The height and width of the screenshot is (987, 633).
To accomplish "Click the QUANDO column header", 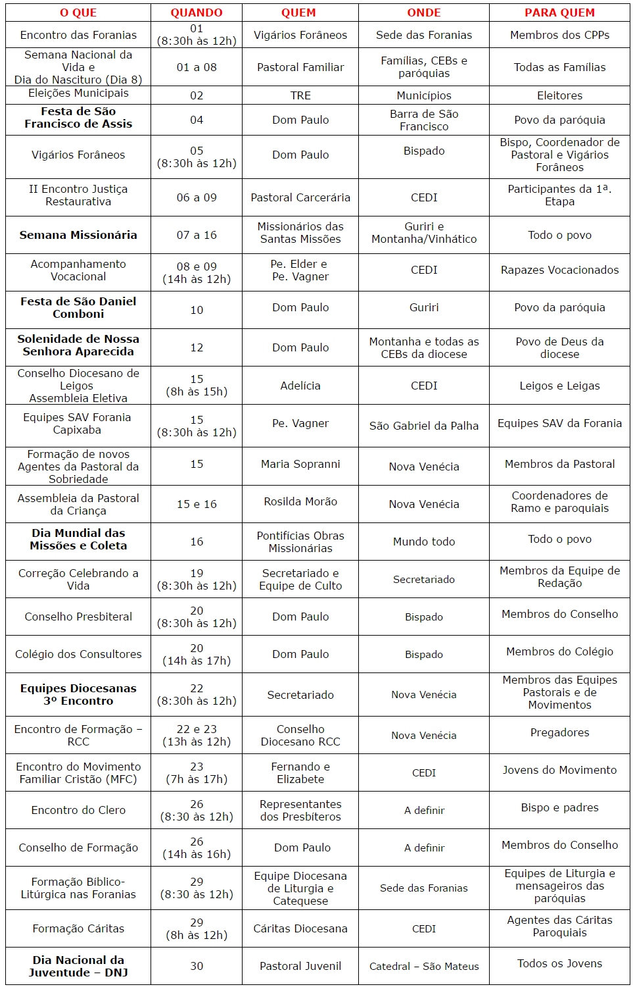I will [x=196, y=13].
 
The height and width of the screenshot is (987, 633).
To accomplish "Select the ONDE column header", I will [x=423, y=13].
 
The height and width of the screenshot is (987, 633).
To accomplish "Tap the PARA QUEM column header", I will [x=559, y=13].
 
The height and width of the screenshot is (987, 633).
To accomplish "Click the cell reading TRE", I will [x=300, y=95].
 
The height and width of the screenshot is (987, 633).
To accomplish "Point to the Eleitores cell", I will [x=559, y=95].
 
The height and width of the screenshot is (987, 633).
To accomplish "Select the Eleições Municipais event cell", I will [x=78, y=93].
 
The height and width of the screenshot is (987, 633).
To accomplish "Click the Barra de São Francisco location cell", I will [x=424, y=120].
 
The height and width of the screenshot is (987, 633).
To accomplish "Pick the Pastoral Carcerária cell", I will [x=300, y=197].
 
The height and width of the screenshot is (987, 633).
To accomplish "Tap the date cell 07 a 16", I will [x=197, y=235].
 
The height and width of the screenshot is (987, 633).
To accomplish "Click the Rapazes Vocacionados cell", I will [x=559, y=270].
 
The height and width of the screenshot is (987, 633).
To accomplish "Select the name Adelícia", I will [x=300, y=386].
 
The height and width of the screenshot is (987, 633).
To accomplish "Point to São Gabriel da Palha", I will [x=424, y=426].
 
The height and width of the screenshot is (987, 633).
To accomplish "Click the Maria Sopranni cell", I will [x=300, y=464].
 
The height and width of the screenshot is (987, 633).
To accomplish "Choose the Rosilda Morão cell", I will [x=300, y=501].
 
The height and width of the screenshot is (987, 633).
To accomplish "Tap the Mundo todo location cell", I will [x=424, y=542].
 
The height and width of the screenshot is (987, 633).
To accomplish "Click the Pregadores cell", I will [x=559, y=732].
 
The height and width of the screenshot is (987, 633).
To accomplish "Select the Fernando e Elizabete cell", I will [x=300, y=772].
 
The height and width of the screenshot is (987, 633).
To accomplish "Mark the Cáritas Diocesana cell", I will [x=300, y=928].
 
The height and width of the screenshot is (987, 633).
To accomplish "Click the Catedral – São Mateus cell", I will [x=424, y=966].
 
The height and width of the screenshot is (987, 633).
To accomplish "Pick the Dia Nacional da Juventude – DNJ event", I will [x=78, y=966].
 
